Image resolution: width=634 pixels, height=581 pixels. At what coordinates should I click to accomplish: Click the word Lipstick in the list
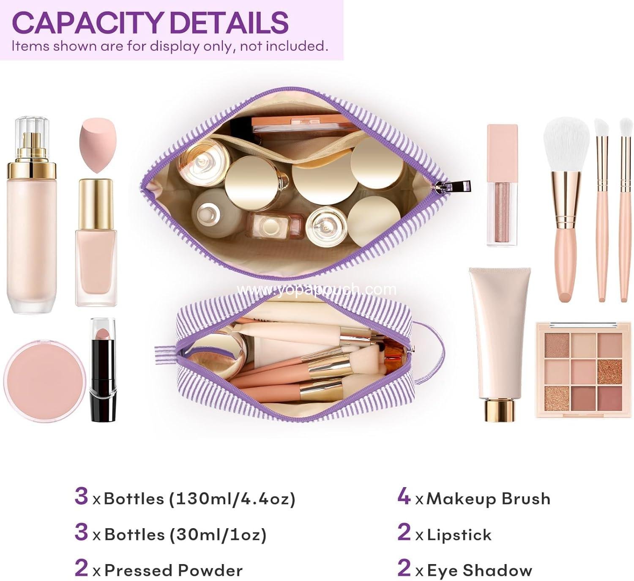[x=459, y=535]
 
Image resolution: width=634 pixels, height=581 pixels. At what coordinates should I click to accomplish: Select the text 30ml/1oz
[x=218, y=534]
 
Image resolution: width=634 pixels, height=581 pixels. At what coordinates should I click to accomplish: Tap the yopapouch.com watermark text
[x=317, y=289]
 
